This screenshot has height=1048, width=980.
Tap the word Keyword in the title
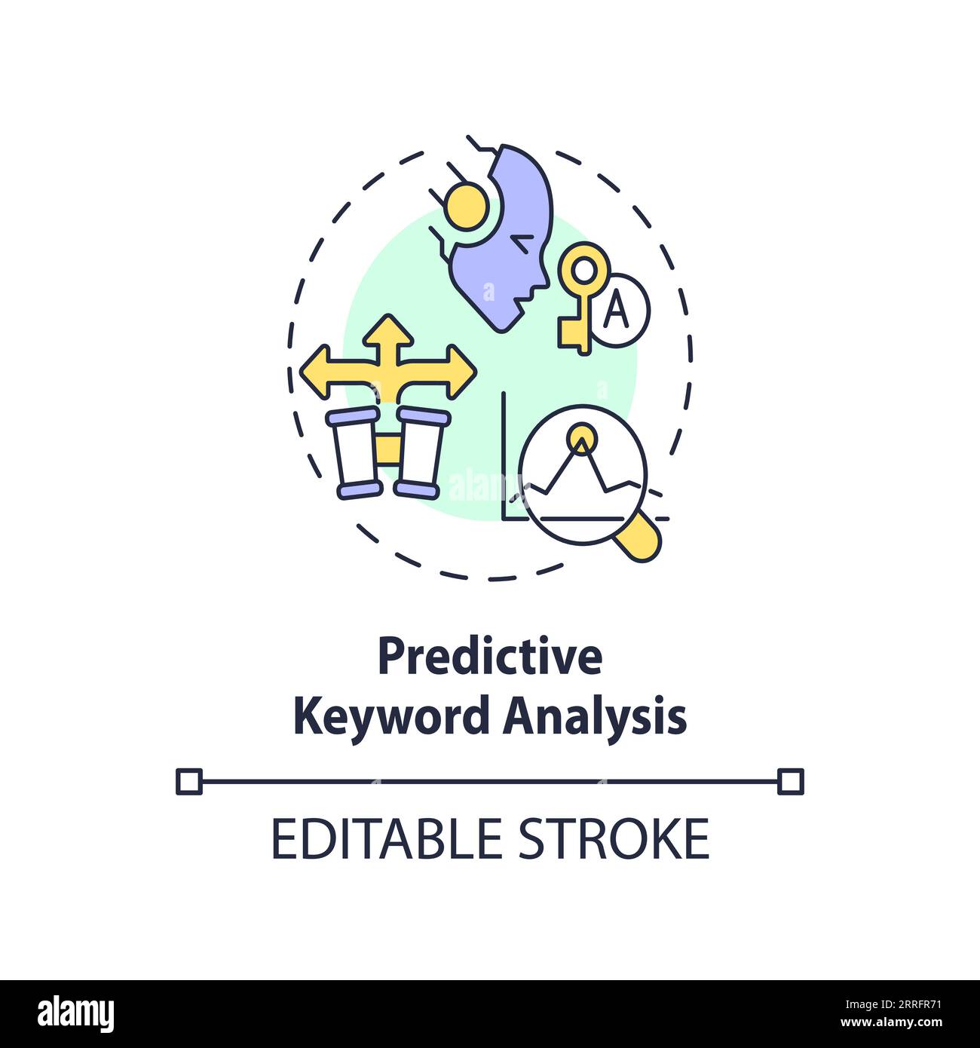[x=391, y=717]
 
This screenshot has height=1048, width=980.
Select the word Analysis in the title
[x=594, y=717]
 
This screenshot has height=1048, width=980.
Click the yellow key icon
[x=580, y=302]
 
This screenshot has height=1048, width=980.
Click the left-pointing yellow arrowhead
[x=317, y=371]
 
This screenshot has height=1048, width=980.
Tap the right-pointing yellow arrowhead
[x=460, y=371]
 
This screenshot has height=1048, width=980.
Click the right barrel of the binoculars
[x=419, y=452]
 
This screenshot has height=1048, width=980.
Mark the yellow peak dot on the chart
[x=580, y=435]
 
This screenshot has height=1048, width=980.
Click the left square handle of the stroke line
[x=189, y=781]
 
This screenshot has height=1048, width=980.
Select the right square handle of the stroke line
[x=790, y=781]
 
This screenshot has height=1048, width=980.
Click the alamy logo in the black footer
[x=75, y=1013]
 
